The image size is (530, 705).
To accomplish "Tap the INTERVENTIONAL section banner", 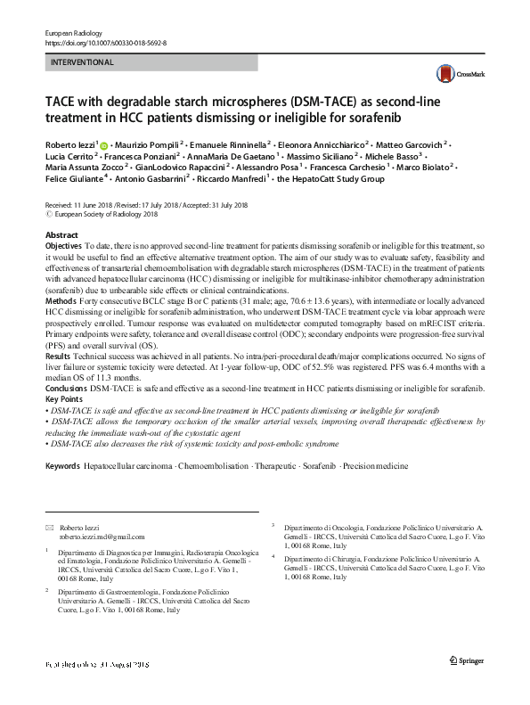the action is pyautogui.click(x=151, y=62).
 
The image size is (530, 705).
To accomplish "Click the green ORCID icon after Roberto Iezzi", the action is pyautogui.click(x=105, y=145).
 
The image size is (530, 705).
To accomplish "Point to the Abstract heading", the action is pyautogui.click(x=61, y=234).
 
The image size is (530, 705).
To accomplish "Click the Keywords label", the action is pyautogui.click(x=62, y=466).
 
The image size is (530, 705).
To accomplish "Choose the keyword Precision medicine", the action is pyautogui.click(x=378, y=466).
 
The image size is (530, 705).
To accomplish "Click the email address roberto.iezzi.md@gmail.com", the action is pyautogui.click(x=102, y=537).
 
